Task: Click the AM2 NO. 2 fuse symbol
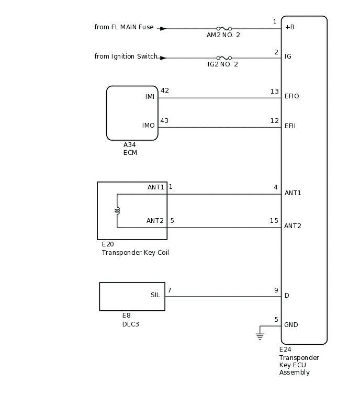[224, 29]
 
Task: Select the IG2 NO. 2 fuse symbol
[224, 58]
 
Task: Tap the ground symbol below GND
[260, 336]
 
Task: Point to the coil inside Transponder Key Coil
[117, 210]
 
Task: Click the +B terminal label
[289, 27]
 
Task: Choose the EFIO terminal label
[291, 96]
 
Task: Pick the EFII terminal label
[290, 126]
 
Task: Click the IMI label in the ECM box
[150, 97]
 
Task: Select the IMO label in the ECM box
[149, 126]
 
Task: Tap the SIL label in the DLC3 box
[155, 295]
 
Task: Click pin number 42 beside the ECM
[165, 91]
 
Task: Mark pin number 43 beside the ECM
[165, 121]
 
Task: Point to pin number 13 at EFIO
[275, 92]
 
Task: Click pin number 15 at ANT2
[274, 221]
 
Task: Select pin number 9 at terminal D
[276, 290]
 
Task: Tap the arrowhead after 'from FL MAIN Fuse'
[163, 29]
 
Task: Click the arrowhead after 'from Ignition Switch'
[163, 58]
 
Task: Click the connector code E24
[285, 349]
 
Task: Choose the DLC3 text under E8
[131, 324]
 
